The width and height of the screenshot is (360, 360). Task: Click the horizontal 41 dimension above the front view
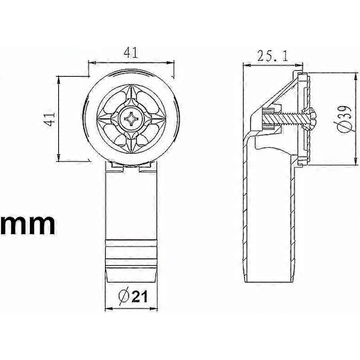click(131, 53)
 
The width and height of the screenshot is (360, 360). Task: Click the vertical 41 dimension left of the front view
click(50, 119)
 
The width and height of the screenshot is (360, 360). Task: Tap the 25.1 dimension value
click(272, 56)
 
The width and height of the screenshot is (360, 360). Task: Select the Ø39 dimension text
click(343, 119)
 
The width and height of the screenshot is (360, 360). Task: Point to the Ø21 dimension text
click(133, 296)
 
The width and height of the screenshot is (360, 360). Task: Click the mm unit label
click(28, 224)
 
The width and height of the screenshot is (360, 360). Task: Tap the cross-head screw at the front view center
click(131, 118)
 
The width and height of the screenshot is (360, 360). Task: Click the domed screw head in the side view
click(310, 119)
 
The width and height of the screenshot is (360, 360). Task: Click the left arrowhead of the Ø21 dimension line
click(109, 309)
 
